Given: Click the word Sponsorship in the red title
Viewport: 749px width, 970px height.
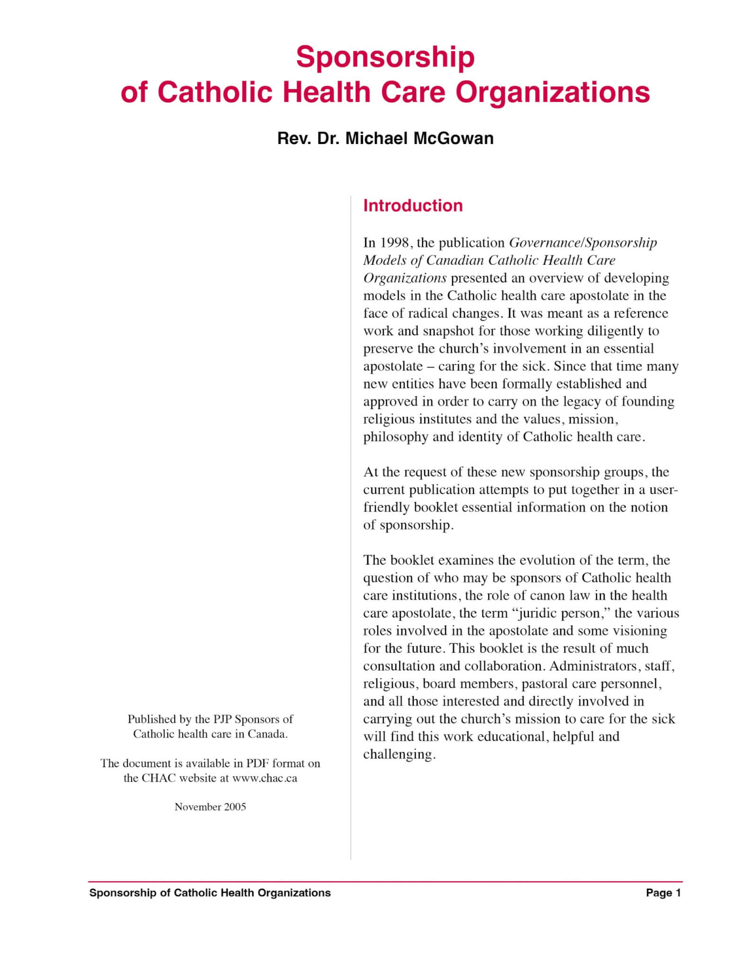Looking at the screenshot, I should pos(385,58).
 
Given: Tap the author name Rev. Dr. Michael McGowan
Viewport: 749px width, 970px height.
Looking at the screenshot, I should pos(385,138).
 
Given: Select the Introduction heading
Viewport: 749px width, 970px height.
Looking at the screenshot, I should pos(412,206).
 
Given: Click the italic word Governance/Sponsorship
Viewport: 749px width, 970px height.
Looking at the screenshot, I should pos(582,243).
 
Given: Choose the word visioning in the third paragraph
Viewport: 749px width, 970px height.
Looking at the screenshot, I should pos(640,631).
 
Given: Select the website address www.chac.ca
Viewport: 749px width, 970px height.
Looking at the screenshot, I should pos(264,778).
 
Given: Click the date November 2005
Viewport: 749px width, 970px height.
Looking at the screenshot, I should pos(210,807).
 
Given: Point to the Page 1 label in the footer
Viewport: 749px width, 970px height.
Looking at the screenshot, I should pos(663,893).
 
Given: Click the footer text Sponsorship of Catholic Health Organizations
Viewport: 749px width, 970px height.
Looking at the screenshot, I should pos(210,893).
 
